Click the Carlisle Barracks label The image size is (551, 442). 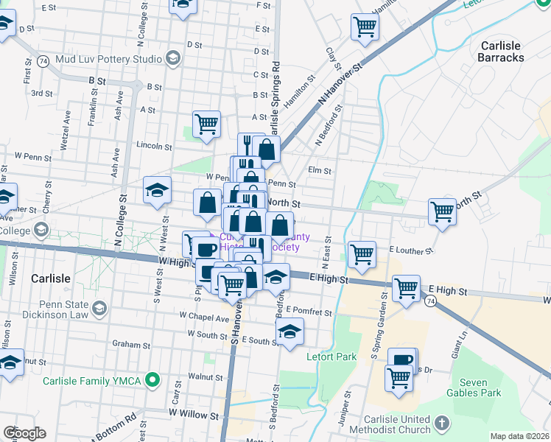(x=502, y=51)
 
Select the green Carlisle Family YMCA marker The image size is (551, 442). (x=152, y=380)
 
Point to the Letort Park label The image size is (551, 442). (x=331, y=357)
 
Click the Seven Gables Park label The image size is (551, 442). (x=480, y=387)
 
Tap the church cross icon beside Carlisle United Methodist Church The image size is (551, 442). (x=441, y=424)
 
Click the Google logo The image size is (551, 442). (x=24, y=433)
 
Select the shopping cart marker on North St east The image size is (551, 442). (x=442, y=211)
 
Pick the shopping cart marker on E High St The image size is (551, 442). (x=406, y=288)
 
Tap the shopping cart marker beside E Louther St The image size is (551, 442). (x=362, y=254)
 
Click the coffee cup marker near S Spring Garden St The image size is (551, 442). (x=402, y=360)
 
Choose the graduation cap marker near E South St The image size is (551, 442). (x=290, y=331)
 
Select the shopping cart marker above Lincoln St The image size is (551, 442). (x=207, y=124)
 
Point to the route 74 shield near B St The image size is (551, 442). (x=45, y=61)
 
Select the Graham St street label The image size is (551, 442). (x=131, y=344)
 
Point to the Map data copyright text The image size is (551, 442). (x=519, y=436)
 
